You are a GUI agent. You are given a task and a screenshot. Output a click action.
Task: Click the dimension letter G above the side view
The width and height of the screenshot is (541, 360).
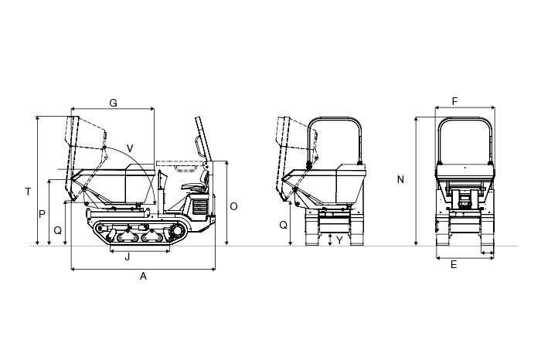click(113, 103)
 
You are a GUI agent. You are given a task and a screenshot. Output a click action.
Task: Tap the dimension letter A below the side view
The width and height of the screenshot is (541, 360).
click(143, 277)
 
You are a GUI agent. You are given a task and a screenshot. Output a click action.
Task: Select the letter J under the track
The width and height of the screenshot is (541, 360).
click(128, 257)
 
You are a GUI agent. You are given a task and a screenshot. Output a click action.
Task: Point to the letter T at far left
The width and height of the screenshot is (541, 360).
click(29, 192)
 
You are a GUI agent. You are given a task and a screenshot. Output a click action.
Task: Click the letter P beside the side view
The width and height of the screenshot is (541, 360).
click(42, 215)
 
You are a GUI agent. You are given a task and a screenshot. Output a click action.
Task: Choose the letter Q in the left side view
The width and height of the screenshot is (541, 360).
click(58, 230)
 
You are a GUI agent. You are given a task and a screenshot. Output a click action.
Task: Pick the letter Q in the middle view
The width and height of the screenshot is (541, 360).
click(284, 225)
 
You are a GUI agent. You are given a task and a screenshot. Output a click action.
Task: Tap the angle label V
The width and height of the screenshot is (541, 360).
click(130, 148)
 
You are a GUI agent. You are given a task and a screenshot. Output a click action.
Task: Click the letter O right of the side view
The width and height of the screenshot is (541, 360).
click(233, 206)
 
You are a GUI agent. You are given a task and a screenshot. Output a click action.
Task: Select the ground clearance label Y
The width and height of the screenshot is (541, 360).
click(339, 240)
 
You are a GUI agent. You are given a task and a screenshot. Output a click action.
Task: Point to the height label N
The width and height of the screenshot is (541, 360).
click(400, 180)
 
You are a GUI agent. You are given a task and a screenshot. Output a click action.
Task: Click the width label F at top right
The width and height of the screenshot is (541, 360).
click(454, 101)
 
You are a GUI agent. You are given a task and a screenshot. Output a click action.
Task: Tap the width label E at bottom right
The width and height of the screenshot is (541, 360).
click(454, 264)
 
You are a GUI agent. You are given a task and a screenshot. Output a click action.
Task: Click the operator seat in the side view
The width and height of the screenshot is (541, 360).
click(196, 182)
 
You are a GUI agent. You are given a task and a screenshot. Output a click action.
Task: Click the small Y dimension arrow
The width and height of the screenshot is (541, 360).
click(330, 239)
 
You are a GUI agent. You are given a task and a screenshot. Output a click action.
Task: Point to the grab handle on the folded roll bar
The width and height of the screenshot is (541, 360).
click(198, 147)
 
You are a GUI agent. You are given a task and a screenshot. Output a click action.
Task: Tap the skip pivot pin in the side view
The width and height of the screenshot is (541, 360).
click(84, 188)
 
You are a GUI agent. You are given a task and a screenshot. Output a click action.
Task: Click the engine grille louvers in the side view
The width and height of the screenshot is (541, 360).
click(199, 206)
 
